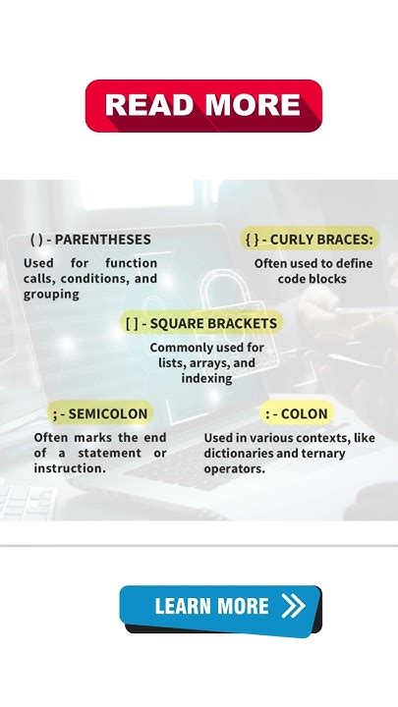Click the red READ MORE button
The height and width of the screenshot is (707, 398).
(203, 105)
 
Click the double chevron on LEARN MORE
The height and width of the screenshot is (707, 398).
(293, 607)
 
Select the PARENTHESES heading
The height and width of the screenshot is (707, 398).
(103, 240)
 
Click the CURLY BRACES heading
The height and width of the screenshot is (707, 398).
(322, 239)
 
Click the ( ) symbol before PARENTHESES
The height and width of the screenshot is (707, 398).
(37, 240)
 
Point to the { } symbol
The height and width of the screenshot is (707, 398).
(253, 239)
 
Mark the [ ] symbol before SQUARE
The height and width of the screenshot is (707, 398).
(133, 323)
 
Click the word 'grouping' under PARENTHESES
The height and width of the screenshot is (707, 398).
(51, 294)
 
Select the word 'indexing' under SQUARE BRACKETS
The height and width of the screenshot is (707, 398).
(206, 378)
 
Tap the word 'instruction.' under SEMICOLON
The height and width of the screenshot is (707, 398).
(70, 468)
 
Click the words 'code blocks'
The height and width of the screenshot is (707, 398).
(300, 279)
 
